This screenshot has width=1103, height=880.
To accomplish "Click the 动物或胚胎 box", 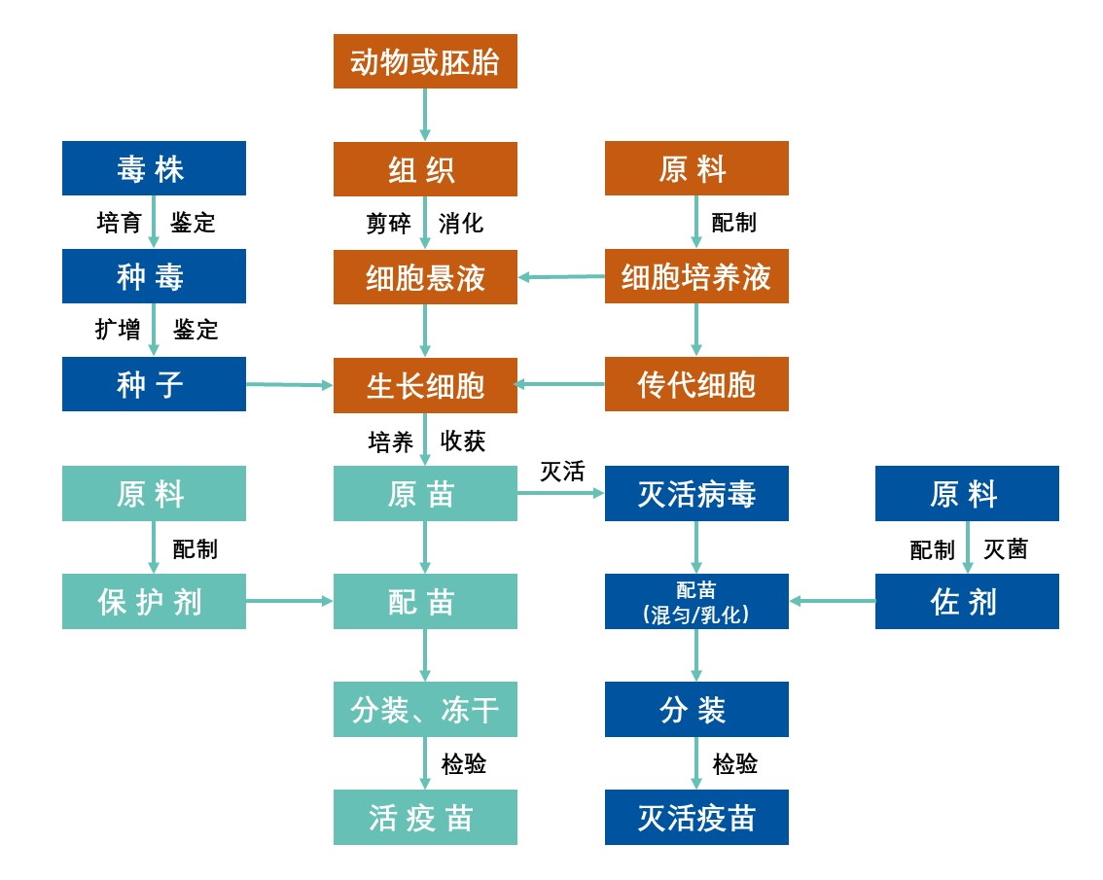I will [425, 61].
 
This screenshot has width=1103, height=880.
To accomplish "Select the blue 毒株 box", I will [154, 168].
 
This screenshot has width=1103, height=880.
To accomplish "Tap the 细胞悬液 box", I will [425, 277].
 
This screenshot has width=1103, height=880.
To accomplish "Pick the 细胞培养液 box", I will [696, 277].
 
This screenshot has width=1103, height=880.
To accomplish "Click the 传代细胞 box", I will [696, 384].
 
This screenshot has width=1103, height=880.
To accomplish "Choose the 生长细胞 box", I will [425, 384].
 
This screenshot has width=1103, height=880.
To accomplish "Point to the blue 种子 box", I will [154, 384].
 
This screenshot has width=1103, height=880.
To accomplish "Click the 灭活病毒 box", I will [696, 493].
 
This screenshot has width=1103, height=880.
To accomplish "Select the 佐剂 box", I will [967, 601].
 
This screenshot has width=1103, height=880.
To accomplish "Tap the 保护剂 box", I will [154, 601].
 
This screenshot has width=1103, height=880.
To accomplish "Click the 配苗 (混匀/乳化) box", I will [696, 601].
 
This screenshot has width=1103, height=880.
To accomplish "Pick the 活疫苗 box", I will [425, 817].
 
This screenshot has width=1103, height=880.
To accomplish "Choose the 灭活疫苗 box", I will [696, 817].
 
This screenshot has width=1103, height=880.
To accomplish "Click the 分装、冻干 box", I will [425, 709].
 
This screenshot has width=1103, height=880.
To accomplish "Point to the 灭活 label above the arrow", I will [562, 473].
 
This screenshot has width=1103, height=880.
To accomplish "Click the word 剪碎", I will [388, 224].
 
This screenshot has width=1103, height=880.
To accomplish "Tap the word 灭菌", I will [1005, 549].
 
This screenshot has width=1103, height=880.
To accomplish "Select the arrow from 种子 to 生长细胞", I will [290, 385].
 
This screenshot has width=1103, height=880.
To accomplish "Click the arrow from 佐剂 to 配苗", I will [833, 601].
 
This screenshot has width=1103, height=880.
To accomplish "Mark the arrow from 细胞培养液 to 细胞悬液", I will [561, 277].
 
